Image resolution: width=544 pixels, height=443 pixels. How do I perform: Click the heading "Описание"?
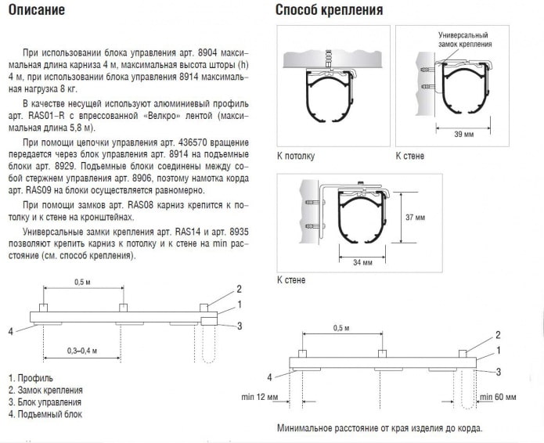coord(38,11)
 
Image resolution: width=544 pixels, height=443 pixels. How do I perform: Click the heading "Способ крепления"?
coord(329,11)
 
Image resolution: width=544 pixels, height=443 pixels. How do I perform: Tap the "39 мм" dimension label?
coord(465,134)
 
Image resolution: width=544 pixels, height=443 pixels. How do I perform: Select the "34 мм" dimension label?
coord(362,263)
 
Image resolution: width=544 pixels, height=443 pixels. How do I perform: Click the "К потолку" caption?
coord(295,156)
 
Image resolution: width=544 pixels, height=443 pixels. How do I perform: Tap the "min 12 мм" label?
coord(260,398)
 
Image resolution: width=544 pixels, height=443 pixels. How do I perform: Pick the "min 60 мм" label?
coord(498,398)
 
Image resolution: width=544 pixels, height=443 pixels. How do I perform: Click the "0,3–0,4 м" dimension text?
coord(82,350)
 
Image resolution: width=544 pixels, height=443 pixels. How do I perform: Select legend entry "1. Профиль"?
coord(31,378)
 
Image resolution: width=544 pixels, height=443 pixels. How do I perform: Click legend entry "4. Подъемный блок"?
coord(45,414)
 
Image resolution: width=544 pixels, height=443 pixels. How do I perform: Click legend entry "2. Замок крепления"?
coord(45,390)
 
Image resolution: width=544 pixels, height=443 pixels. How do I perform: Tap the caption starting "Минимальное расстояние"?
coord(380,429)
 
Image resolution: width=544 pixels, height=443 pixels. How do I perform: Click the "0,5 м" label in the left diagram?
coord(83,282)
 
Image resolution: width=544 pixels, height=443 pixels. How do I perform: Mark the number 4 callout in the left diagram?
coord(11,331)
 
